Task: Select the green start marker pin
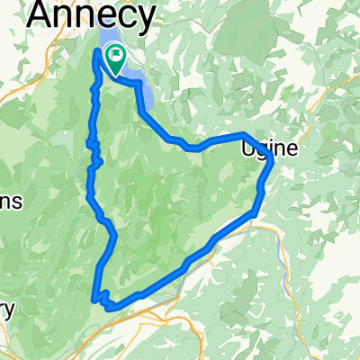pos(116,59)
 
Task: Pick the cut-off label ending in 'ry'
pos(7,309)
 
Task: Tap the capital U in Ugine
pos(247,150)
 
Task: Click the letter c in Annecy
pos(130,16)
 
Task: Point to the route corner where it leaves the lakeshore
pos(140,84)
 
